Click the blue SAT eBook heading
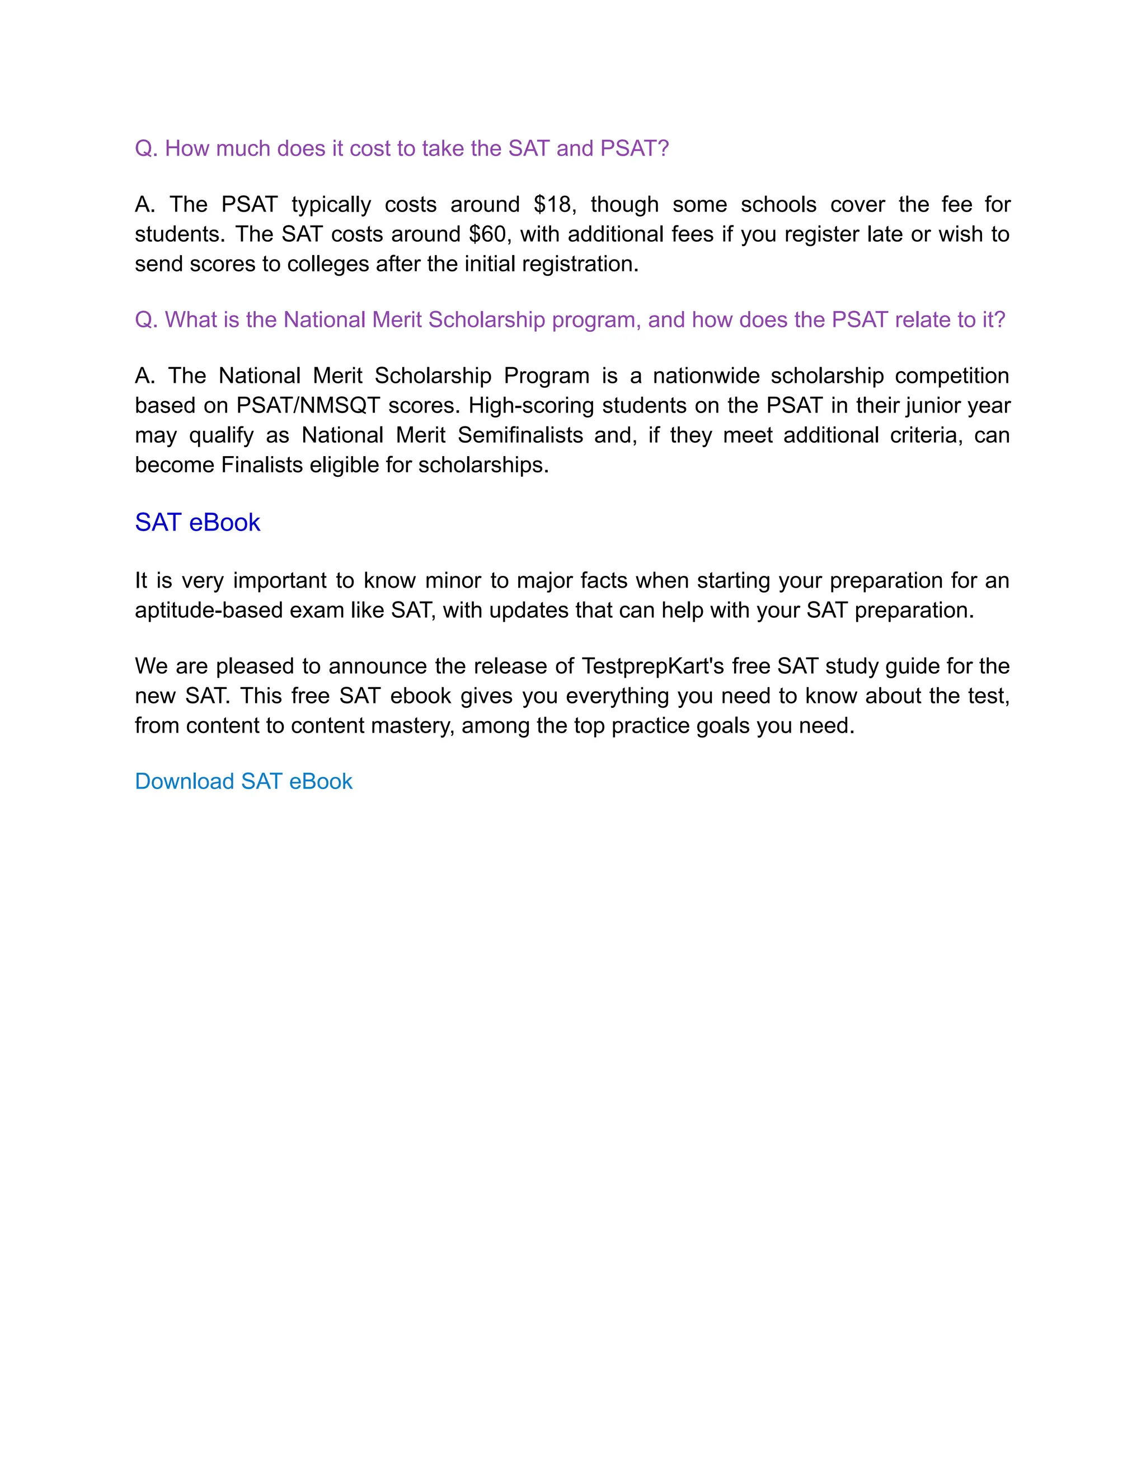tap(197, 522)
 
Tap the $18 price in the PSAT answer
tap(554, 204)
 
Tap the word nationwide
tap(706, 376)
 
